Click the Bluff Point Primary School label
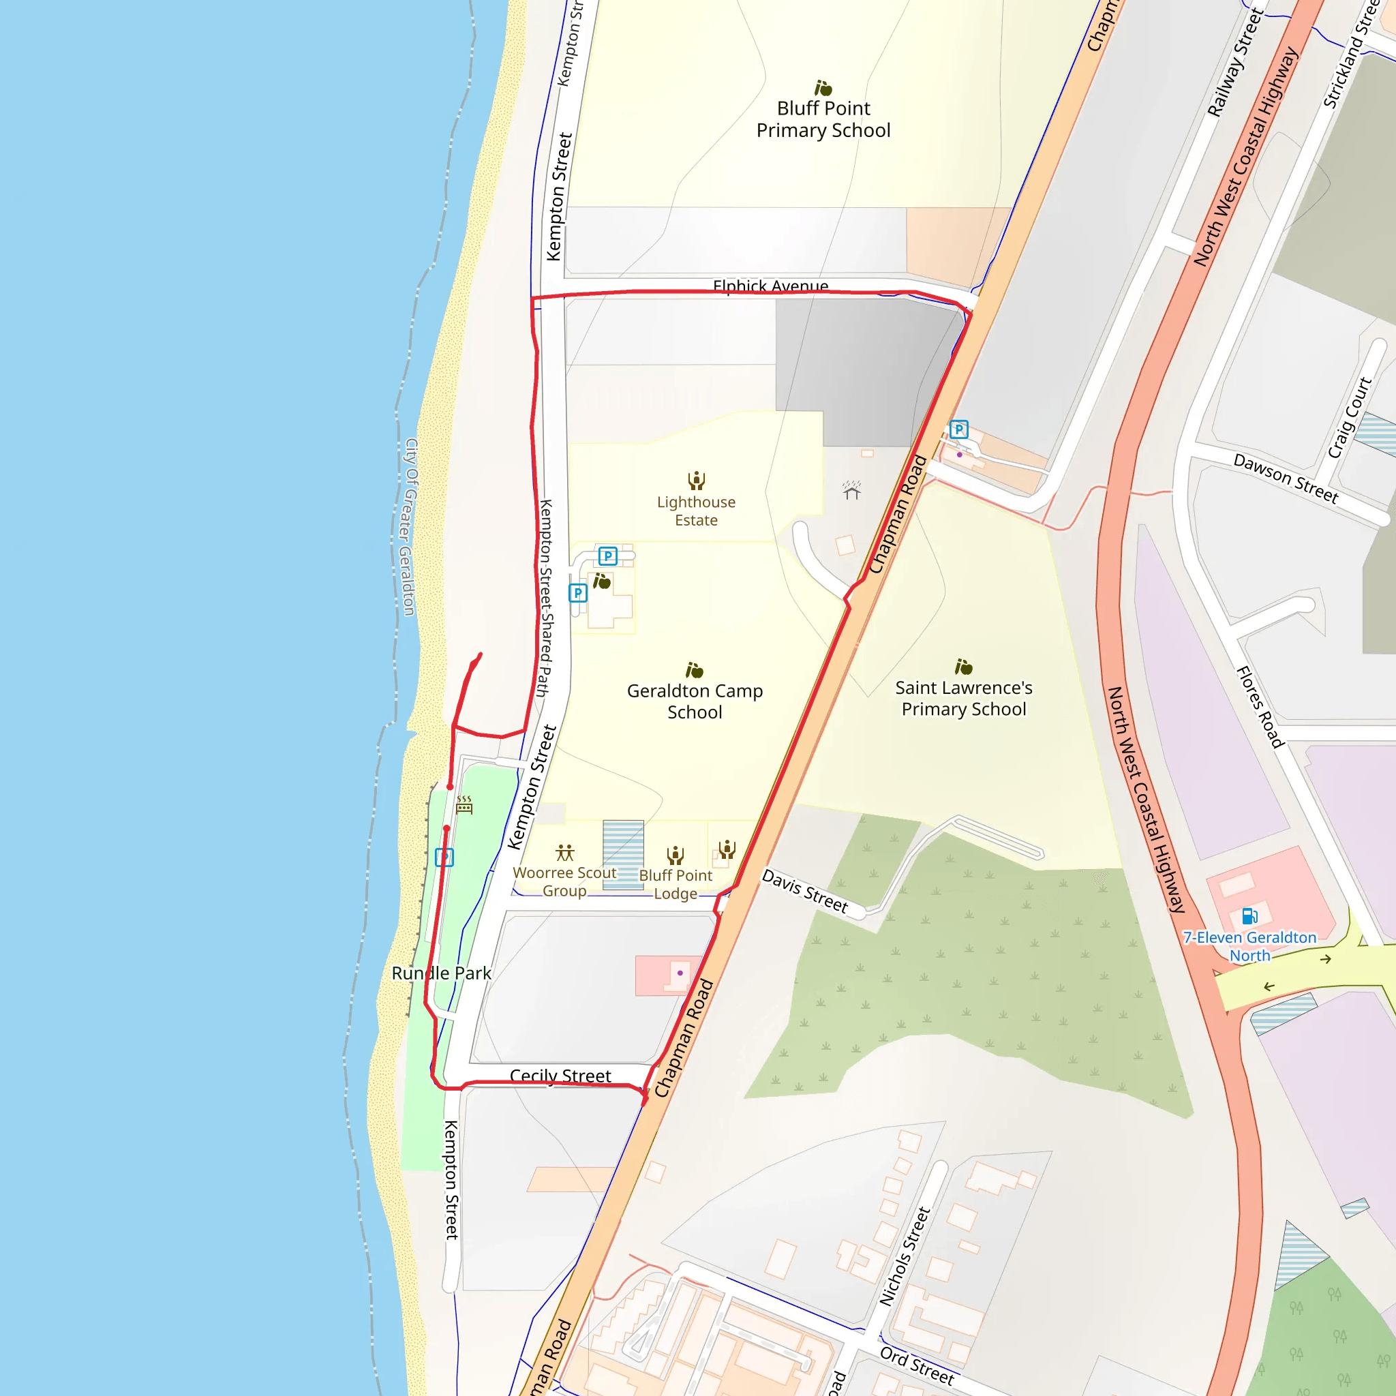tap(823, 119)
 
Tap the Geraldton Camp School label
tap(695, 701)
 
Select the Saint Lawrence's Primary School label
tap(963, 698)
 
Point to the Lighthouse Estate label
tap(696, 511)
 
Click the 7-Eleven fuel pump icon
tap(1249, 916)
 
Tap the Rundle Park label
tap(441, 973)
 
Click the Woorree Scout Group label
tap(564, 881)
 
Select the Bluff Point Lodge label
tap(676, 884)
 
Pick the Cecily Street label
tap(560, 1076)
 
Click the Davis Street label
tap(805, 891)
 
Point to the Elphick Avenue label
tap(770, 286)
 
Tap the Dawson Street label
tap(1286, 478)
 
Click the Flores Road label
tap(1260, 707)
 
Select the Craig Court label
tap(1350, 418)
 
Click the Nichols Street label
tap(904, 1256)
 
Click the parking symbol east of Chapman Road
tap(959, 430)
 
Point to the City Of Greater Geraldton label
tap(410, 527)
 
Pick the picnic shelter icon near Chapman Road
tap(852, 491)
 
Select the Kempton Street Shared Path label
tap(545, 598)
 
